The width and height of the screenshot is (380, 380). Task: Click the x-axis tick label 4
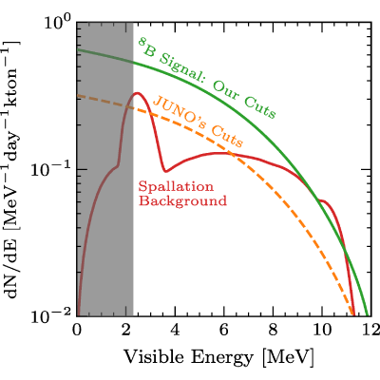[175, 330]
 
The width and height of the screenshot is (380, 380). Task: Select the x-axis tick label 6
[224, 330]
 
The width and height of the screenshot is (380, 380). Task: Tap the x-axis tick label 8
[273, 330]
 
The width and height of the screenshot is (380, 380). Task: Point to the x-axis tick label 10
[322, 330]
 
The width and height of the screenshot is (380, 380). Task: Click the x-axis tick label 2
[125, 330]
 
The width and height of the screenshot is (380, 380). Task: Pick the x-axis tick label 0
[77, 330]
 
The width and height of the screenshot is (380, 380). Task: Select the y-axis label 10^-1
[50, 169]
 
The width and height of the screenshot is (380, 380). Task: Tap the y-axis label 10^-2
[50, 315]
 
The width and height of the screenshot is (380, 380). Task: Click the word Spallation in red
[176, 187]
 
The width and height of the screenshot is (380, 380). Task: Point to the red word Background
[183, 200]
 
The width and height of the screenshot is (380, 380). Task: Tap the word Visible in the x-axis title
[154, 358]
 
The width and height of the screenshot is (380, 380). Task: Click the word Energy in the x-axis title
[221, 359]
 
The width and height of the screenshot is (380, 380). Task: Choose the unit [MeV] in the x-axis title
[288, 358]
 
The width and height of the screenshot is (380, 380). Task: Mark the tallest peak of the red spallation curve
[137, 93]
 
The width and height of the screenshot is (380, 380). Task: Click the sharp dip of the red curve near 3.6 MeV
[165, 172]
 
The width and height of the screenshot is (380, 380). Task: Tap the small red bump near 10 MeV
[322, 200]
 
